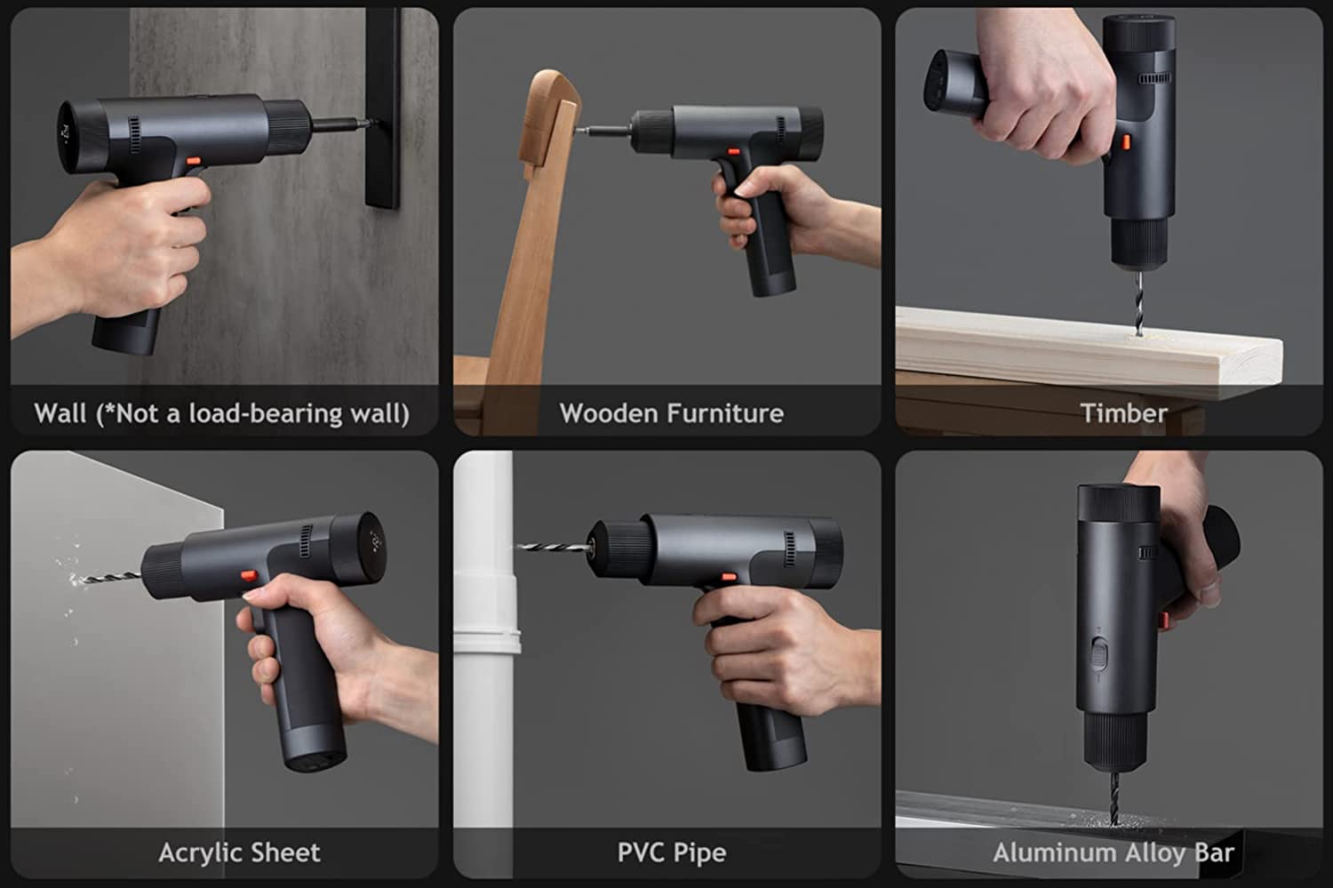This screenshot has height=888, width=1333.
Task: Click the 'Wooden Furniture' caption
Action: point(671,413)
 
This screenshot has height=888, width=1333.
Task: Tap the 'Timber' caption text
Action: point(1123,413)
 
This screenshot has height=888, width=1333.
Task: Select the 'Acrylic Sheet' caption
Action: point(239,852)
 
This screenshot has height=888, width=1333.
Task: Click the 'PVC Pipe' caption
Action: point(671,853)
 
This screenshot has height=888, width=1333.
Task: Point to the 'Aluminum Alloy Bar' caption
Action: point(1113,853)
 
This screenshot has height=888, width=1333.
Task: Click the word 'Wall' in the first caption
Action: point(60,413)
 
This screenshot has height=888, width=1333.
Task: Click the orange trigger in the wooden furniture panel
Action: point(734,152)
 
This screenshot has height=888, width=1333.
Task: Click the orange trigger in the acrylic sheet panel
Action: point(250,576)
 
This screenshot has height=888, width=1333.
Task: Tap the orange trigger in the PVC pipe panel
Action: point(728,577)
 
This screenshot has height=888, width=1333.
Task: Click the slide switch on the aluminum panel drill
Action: point(1098,656)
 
